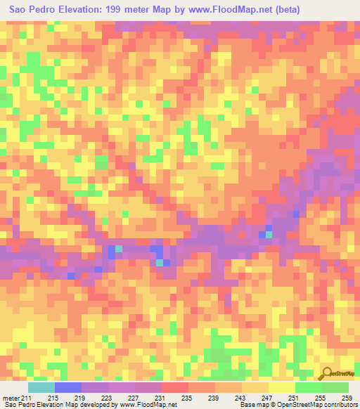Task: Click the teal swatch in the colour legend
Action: point(41,387)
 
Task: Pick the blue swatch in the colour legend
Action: point(68,387)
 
